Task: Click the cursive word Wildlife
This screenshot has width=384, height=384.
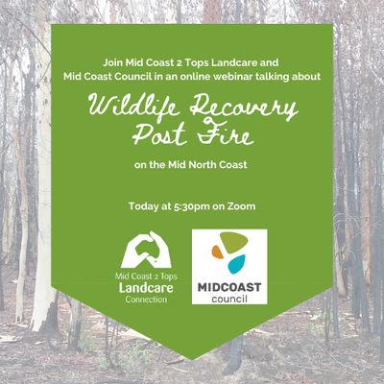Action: [x=134, y=106]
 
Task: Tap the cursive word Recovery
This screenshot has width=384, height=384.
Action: [x=244, y=108]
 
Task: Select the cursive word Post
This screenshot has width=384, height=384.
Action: [x=159, y=133]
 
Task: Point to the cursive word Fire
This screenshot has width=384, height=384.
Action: [x=225, y=133]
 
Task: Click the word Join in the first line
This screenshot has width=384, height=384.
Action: [x=113, y=62]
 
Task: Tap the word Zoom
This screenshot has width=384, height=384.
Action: [x=241, y=206]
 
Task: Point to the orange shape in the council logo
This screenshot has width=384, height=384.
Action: [x=217, y=252]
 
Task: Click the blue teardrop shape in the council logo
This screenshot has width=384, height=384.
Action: [x=236, y=264]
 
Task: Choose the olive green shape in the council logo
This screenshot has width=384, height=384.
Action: [x=233, y=243]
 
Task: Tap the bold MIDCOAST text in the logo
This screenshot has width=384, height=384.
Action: [x=229, y=287]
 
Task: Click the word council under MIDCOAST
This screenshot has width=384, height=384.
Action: [x=229, y=300]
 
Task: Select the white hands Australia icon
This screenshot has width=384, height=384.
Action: [x=146, y=250]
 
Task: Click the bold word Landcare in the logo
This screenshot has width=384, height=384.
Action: [x=146, y=287]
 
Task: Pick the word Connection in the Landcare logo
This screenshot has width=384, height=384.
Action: [x=146, y=300]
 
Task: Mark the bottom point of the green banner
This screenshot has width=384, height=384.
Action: [x=192, y=359]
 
